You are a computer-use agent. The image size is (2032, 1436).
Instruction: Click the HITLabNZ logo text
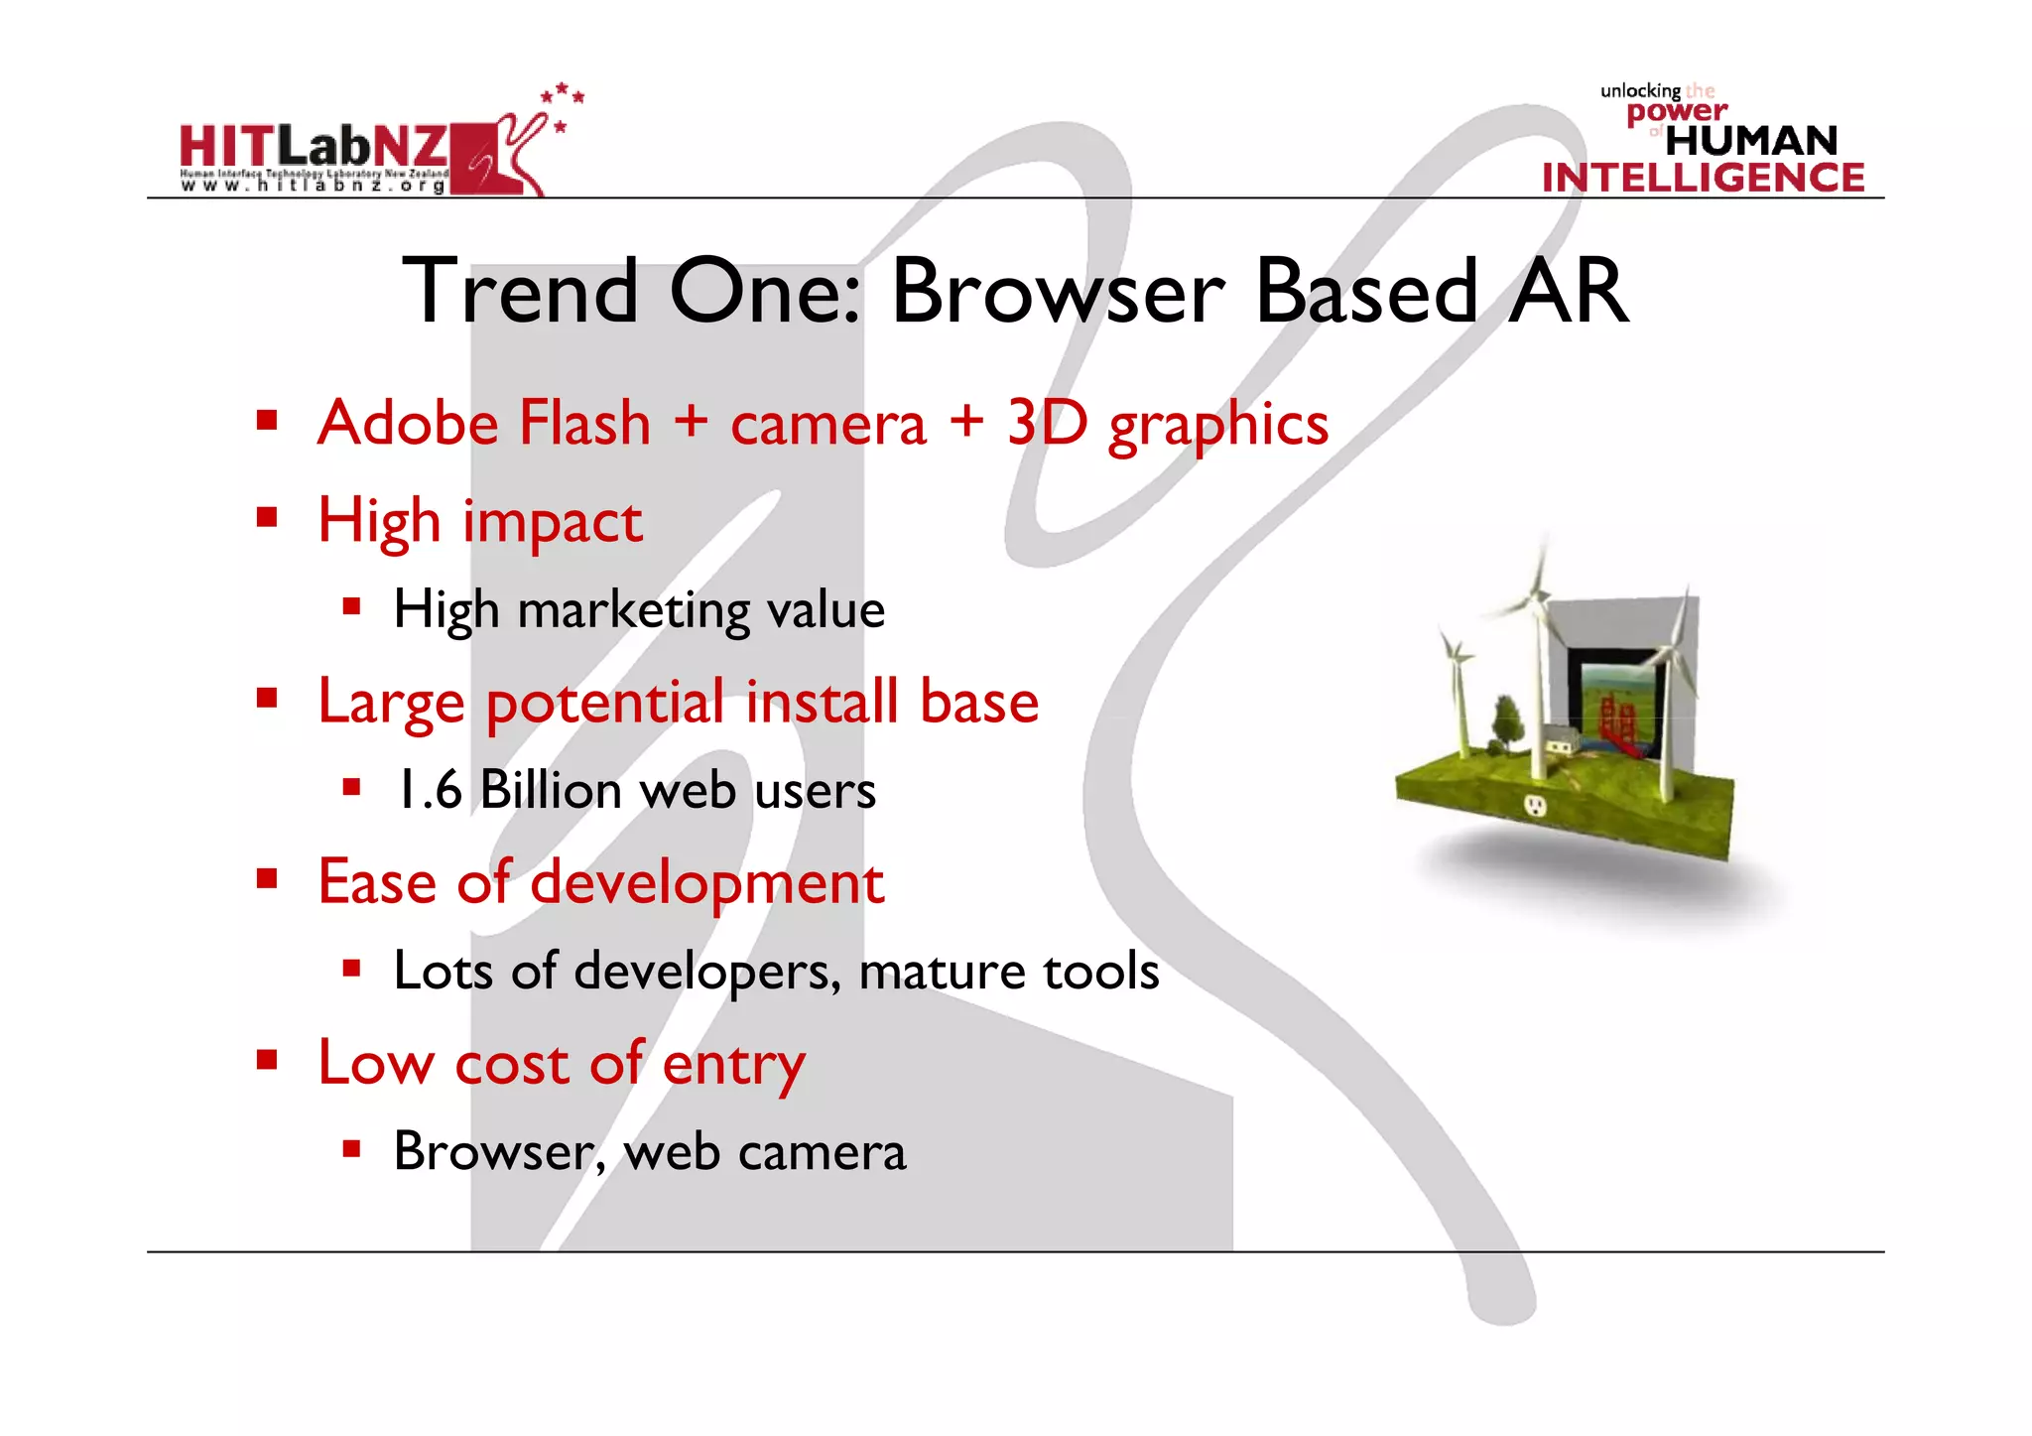tap(313, 149)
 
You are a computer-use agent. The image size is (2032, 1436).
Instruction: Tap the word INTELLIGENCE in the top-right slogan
tap(1703, 178)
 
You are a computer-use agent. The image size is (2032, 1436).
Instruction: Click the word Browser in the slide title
tap(1058, 292)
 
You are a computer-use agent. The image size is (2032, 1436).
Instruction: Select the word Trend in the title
tap(520, 292)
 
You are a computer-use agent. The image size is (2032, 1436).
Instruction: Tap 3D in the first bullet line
tap(1046, 424)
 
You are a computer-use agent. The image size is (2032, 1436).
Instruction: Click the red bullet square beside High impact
tap(266, 517)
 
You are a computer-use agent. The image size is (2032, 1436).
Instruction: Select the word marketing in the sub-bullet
tap(633, 610)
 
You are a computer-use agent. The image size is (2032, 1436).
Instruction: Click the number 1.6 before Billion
tap(429, 791)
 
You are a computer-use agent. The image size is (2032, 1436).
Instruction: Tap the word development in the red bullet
tap(706, 882)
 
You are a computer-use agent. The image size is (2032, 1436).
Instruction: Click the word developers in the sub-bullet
tap(706, 972)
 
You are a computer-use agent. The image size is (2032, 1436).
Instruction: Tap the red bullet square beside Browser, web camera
tap(350, 1149)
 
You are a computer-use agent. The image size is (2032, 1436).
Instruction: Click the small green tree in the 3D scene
tap(1507, 719)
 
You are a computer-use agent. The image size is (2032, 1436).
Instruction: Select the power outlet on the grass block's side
tap(1536, 804)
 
